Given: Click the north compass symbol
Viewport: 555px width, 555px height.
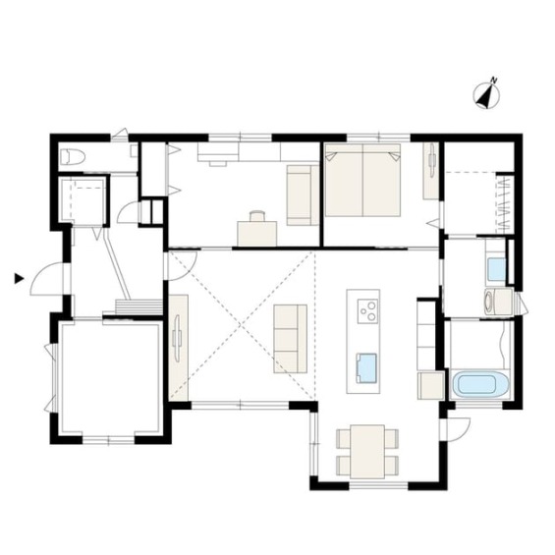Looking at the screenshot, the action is click(486, 94).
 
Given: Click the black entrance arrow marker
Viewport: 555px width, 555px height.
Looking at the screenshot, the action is click(19, 278).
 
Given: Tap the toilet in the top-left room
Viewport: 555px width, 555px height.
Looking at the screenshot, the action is click(73, 157).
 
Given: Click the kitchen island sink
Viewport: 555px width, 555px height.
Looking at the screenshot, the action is click(365, 368).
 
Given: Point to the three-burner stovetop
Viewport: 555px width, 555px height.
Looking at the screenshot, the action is click(367, 311).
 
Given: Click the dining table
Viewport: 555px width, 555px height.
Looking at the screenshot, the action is click(367, 451).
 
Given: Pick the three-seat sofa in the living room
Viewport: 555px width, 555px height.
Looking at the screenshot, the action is click(290, 338).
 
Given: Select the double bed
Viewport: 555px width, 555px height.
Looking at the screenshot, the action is click(362, 180).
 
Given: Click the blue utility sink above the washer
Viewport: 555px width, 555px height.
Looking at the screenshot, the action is click(496, 269).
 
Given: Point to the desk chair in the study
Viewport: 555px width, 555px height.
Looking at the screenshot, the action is click(257, 216).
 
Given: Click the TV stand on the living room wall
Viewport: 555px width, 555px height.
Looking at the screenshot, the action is click(178, 348).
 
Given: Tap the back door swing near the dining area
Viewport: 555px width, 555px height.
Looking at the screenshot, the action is click(459, 429).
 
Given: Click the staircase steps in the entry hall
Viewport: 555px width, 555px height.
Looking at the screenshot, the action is click(139, 306).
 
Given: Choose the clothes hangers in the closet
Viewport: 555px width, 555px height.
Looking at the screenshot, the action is click(504, 205).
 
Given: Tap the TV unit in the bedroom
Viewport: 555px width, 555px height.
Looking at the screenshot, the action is click(431, 171).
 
